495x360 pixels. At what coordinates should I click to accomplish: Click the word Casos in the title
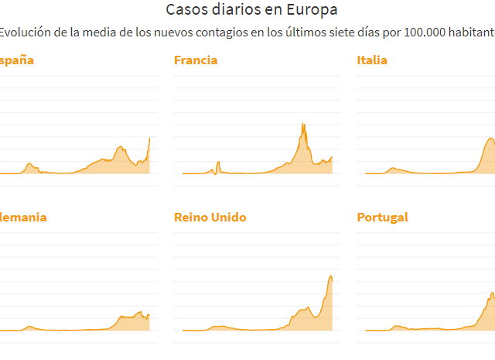pos(185,10)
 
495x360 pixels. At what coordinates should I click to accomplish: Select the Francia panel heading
pos(196,60)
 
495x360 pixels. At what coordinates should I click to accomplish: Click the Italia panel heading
pos(372,60)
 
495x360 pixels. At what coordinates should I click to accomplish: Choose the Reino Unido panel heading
pos(210,218)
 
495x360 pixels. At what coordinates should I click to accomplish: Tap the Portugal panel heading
pos(382,218)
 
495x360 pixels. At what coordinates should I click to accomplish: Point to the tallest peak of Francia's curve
pos(303,124)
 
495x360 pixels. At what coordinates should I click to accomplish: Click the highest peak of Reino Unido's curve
pos(331,276)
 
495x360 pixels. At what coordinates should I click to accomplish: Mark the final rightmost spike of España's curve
pos(149,138)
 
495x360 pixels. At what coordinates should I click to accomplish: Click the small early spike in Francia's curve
pos(218,162)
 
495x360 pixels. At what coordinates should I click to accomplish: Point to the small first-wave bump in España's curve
pos(29,164)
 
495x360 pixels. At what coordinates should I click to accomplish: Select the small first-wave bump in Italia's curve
pos(393,168)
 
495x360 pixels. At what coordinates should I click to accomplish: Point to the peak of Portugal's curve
pos(493,293)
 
